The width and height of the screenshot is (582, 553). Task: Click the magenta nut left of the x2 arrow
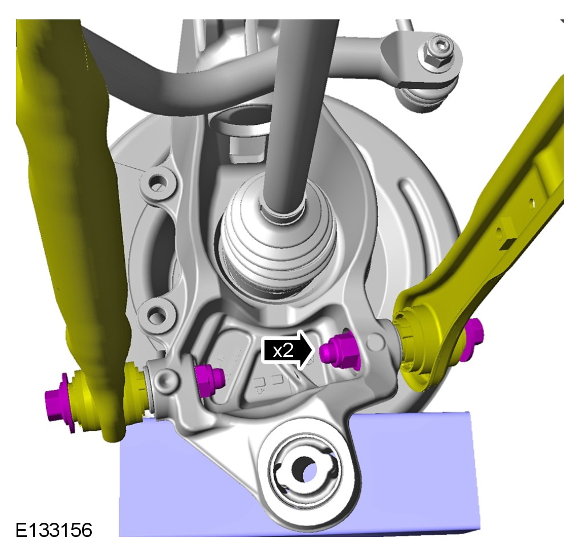(209, 380)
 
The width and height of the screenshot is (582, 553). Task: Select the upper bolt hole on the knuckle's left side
(158, 181)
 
